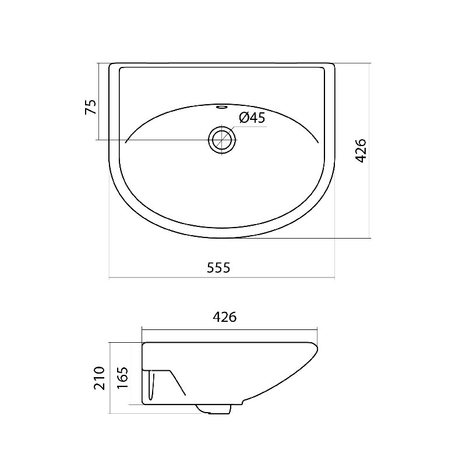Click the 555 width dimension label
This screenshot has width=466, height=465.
point(218,268)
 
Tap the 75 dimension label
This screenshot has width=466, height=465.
point(91,107)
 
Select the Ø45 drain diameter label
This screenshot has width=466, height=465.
point(252,118)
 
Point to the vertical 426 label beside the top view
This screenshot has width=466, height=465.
point(361,151)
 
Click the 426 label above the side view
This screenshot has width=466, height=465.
point(225,317)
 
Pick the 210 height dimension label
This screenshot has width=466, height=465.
point(100,378)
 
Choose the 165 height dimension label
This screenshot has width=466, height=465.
point(122,378)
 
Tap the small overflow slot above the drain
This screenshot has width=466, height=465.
point(222,107)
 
